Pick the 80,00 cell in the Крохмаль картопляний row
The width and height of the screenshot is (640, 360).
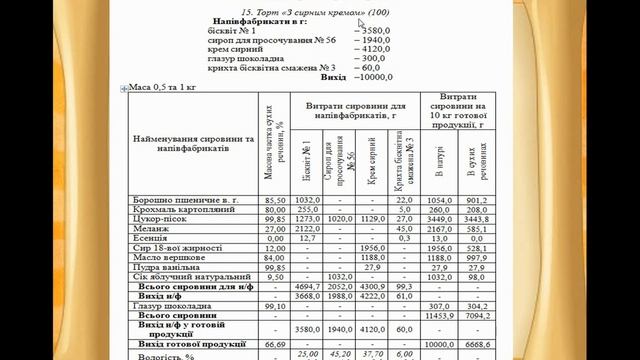coord(275,210)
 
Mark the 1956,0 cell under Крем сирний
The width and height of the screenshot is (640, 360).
coord(371,247)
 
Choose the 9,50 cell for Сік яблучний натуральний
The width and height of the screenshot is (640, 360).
coord(275,276)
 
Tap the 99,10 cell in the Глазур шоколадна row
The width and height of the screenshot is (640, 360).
coord(275,305)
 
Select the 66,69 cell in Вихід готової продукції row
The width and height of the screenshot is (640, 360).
coord(275,343)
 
